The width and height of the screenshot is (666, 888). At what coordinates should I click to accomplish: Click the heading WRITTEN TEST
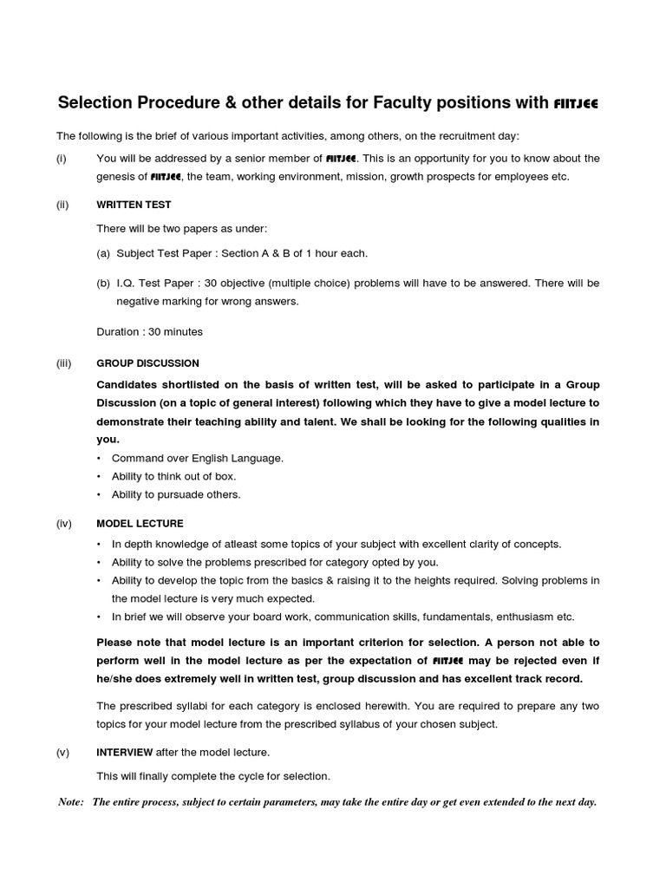click(134, 205)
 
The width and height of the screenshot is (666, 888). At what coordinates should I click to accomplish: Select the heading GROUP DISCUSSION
click(147, 363)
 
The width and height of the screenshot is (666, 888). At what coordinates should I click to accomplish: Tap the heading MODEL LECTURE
click(140, 524)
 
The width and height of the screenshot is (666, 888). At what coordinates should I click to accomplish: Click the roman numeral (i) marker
click(62, 158)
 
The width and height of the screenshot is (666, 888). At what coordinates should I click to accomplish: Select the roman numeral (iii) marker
click(64, 363)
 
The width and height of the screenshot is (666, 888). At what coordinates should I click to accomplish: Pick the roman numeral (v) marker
click(63, 752)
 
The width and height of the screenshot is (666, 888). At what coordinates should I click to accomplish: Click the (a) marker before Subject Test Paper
click(103, 253)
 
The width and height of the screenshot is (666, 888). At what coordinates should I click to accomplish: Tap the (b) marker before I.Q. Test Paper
click(103, 284)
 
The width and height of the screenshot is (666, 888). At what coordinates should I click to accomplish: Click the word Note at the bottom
click(70, 802)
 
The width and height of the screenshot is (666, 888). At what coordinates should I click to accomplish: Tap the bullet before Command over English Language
click(100, 458)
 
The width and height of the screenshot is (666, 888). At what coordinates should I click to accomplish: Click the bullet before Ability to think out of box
click(100, 476)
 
